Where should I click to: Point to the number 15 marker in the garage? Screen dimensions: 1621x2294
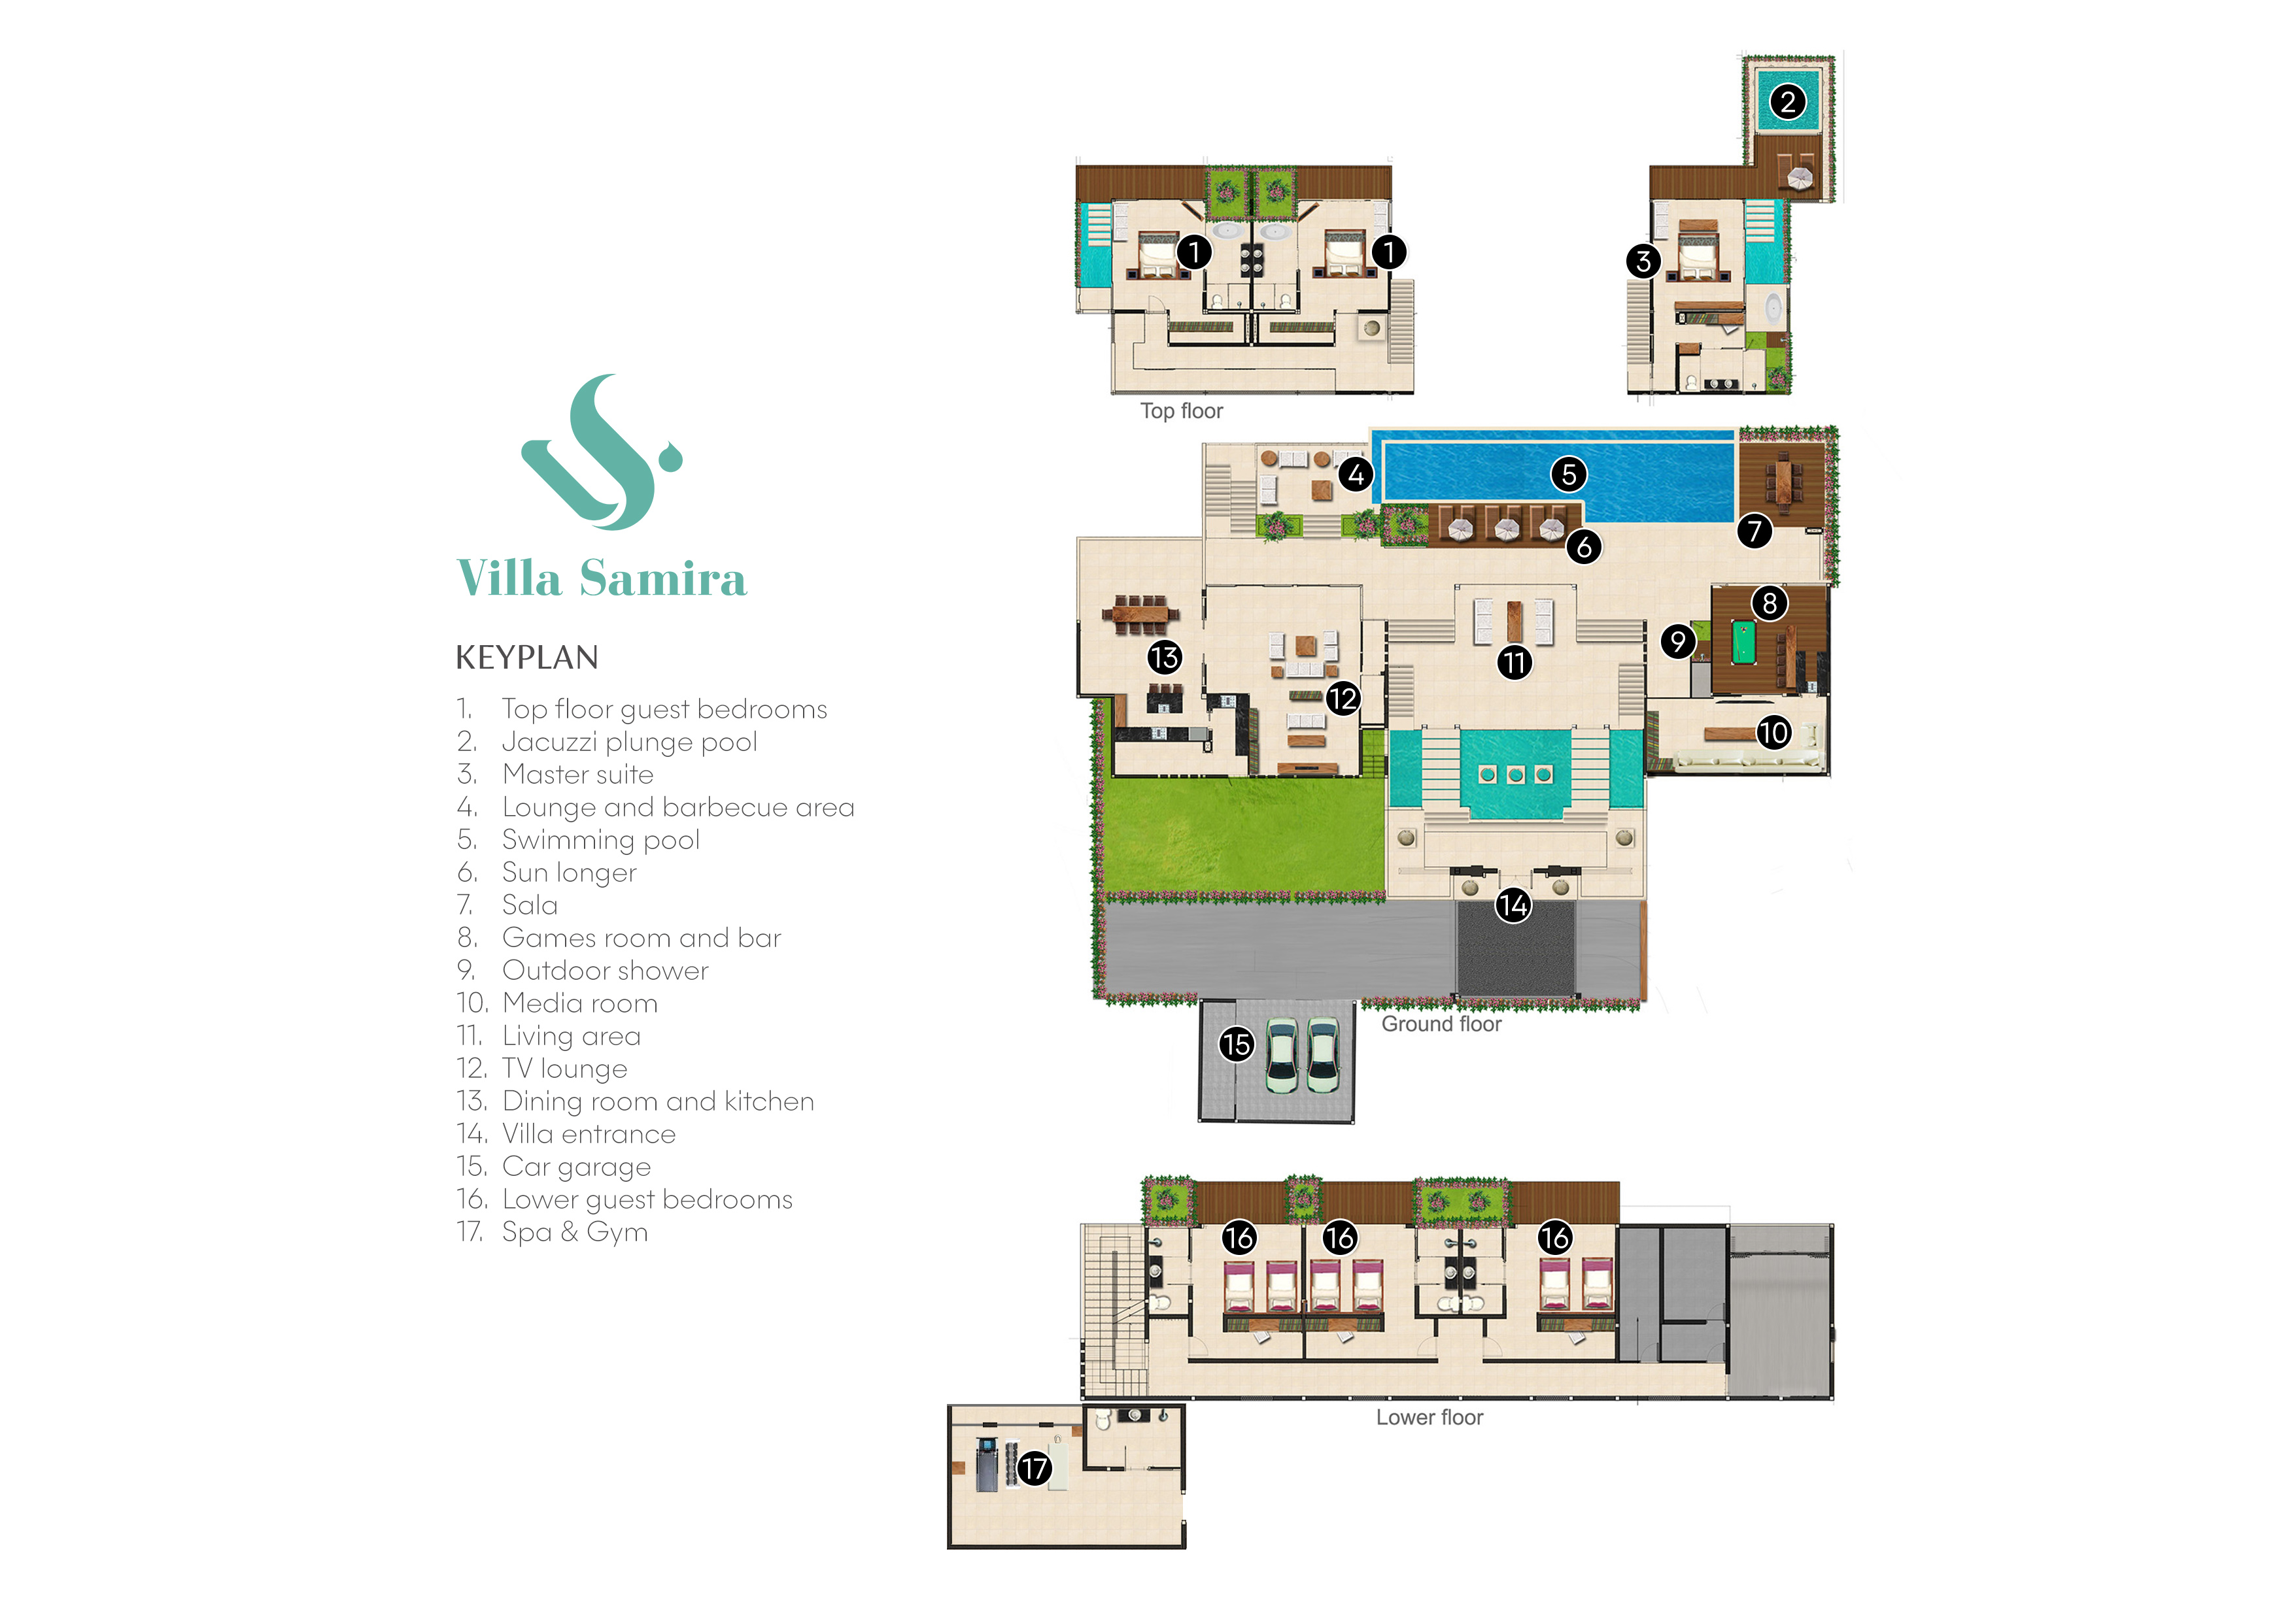(x=1236, y=1044)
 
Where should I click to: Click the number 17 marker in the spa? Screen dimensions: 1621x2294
(x=1034, y=1468)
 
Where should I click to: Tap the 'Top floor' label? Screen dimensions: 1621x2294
(x=1181, y=410)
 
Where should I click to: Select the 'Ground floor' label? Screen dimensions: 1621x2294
(x=1441, y=1024)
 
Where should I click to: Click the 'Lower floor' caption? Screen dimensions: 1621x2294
(x=1429, y=1416)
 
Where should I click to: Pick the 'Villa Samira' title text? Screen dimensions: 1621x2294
(x=602, y=578)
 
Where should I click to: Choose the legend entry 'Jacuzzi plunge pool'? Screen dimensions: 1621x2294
(x=628, y=741)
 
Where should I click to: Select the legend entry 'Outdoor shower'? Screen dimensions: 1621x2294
(x=604, y=970)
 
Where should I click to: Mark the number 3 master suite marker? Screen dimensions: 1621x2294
(x=1643, y=261)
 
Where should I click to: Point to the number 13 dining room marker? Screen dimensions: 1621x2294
(x=1164, y=656)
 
